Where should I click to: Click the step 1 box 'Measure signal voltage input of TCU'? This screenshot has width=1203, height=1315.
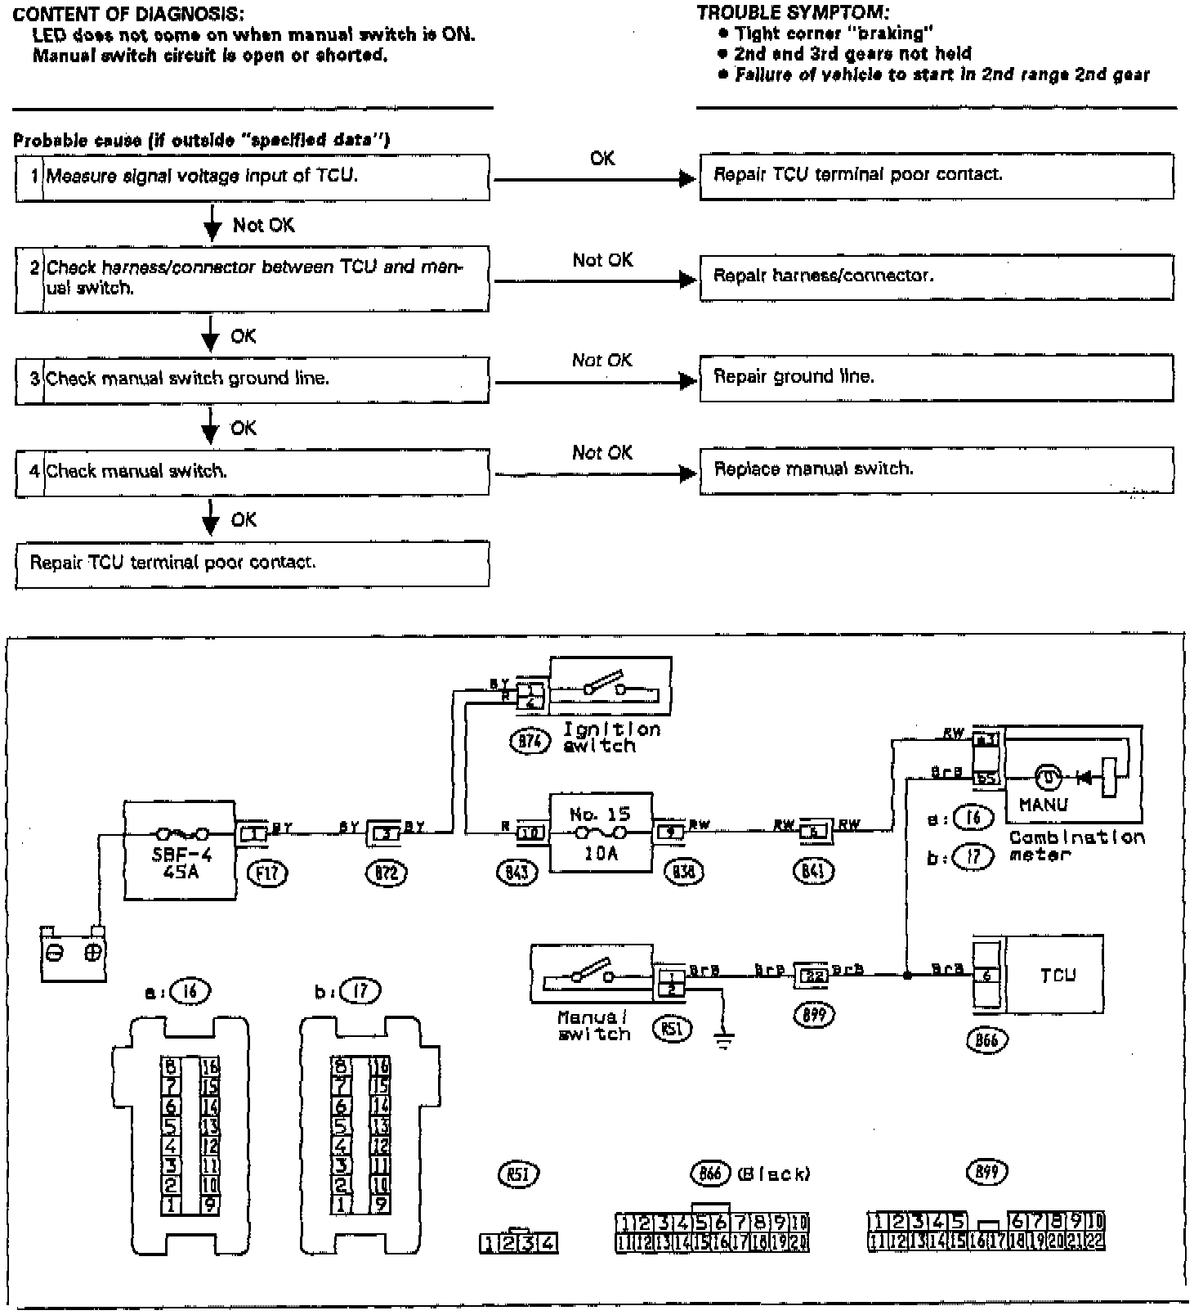tap(252, 177)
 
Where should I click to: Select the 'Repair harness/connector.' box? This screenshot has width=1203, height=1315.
tap(936, 276)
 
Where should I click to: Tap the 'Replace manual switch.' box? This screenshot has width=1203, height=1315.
tap(936, 470)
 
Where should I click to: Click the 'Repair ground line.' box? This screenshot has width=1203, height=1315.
tap(936, 377)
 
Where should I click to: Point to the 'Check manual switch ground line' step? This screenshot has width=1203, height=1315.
tap(252, 379)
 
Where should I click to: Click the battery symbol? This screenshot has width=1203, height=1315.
tap(74, 953)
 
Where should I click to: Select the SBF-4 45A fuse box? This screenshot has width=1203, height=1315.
tap(179, 850)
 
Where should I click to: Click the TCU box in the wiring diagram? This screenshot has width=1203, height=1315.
tap(1054, 975)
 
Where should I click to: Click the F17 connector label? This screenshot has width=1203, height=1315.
tap(267, 873)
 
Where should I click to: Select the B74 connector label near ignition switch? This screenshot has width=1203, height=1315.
tap(530, 742)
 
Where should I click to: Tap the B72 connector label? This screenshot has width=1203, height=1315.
tap(386, 873)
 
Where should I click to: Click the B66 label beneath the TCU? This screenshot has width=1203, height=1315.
tap(987, 1039)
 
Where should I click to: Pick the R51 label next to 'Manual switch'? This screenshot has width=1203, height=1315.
tap(672, 1030)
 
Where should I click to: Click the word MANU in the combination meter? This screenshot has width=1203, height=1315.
tap(1043, 805)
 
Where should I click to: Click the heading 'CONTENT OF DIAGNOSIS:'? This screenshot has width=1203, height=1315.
tap(128, 15)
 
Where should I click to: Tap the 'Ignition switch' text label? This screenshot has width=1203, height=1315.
tap(611, 737)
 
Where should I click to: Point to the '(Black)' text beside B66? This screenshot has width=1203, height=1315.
tap(773, 1174)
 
